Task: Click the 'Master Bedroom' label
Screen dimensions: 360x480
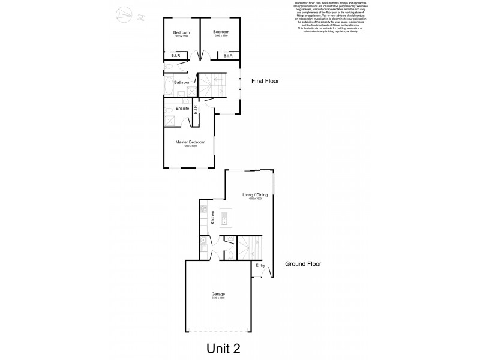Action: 190,142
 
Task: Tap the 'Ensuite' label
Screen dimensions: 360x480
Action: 182,108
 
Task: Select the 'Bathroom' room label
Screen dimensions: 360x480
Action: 182,82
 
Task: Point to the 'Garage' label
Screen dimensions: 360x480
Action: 218,294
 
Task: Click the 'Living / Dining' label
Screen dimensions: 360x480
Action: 254,195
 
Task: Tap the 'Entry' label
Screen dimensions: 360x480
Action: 260,265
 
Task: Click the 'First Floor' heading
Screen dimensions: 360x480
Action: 265,81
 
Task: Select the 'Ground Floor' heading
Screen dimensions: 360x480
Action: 303,263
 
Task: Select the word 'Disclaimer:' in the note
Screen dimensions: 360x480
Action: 301,2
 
